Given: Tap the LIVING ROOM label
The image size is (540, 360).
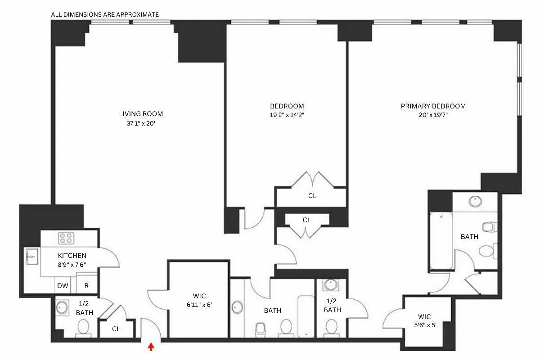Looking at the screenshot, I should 141,114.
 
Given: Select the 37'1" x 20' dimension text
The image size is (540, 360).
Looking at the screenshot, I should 141,123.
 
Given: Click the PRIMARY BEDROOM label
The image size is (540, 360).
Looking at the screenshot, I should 433,106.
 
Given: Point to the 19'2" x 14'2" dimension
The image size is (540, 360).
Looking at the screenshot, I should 287,115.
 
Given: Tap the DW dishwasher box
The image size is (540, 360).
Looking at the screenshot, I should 62,285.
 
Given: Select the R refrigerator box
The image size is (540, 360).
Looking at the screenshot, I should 86,285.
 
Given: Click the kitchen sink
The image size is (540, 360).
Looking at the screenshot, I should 31,256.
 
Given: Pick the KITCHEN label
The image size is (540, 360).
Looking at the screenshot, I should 72,256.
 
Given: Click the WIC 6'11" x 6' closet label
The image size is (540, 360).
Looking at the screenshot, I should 199,300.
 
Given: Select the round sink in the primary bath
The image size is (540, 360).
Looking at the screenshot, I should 474,201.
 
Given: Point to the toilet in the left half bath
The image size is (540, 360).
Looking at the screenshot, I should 83,327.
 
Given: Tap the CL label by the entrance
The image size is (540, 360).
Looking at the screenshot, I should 116,329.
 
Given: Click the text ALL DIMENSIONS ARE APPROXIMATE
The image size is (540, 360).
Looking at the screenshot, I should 105,14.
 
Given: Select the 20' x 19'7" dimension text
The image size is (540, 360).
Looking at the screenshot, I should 433,115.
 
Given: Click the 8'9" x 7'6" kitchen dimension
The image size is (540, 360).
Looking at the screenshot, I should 72,265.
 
